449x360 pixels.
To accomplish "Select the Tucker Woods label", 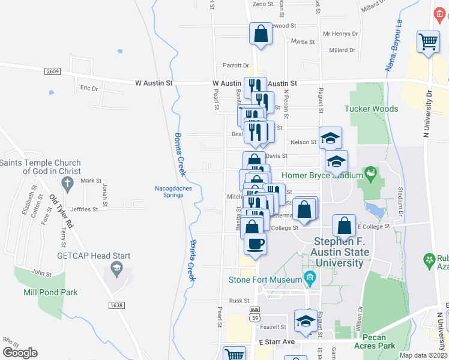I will pos(371,109).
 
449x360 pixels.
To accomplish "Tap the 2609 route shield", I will pos(52,71).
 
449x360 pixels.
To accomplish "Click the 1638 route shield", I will pos(116,305).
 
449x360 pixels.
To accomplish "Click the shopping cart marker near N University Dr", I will pos(429,42).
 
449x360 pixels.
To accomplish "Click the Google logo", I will pos(20,353).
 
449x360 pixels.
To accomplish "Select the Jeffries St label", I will pos(84,209).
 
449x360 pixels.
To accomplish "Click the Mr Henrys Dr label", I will pos(340,34).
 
